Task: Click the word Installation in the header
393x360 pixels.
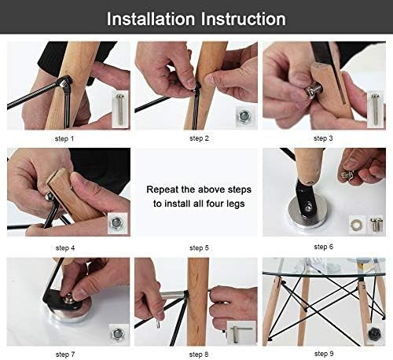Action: coord(151,19)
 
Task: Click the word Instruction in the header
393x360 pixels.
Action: coord(243,19)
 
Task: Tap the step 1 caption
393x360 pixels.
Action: coord(64,138)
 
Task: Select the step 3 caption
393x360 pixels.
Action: coord(323,138)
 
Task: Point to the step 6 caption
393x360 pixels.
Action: coord(324,247)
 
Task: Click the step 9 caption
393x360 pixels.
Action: coord(324,354)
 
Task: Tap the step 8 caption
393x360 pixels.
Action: coord(199,354)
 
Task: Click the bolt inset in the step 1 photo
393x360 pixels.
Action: coord(120,109)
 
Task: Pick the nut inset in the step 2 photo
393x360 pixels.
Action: coord(244,116)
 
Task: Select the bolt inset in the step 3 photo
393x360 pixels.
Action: coord(375,109)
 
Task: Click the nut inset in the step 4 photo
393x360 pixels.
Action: coord(117,223)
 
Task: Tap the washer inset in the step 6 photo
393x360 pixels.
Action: coord(358,225)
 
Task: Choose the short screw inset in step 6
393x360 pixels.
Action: coord(376,224)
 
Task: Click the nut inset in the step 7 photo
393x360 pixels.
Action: coord(118,333)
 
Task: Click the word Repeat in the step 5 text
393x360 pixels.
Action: coord(162,189)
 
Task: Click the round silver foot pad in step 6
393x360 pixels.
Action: coord(307,215)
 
